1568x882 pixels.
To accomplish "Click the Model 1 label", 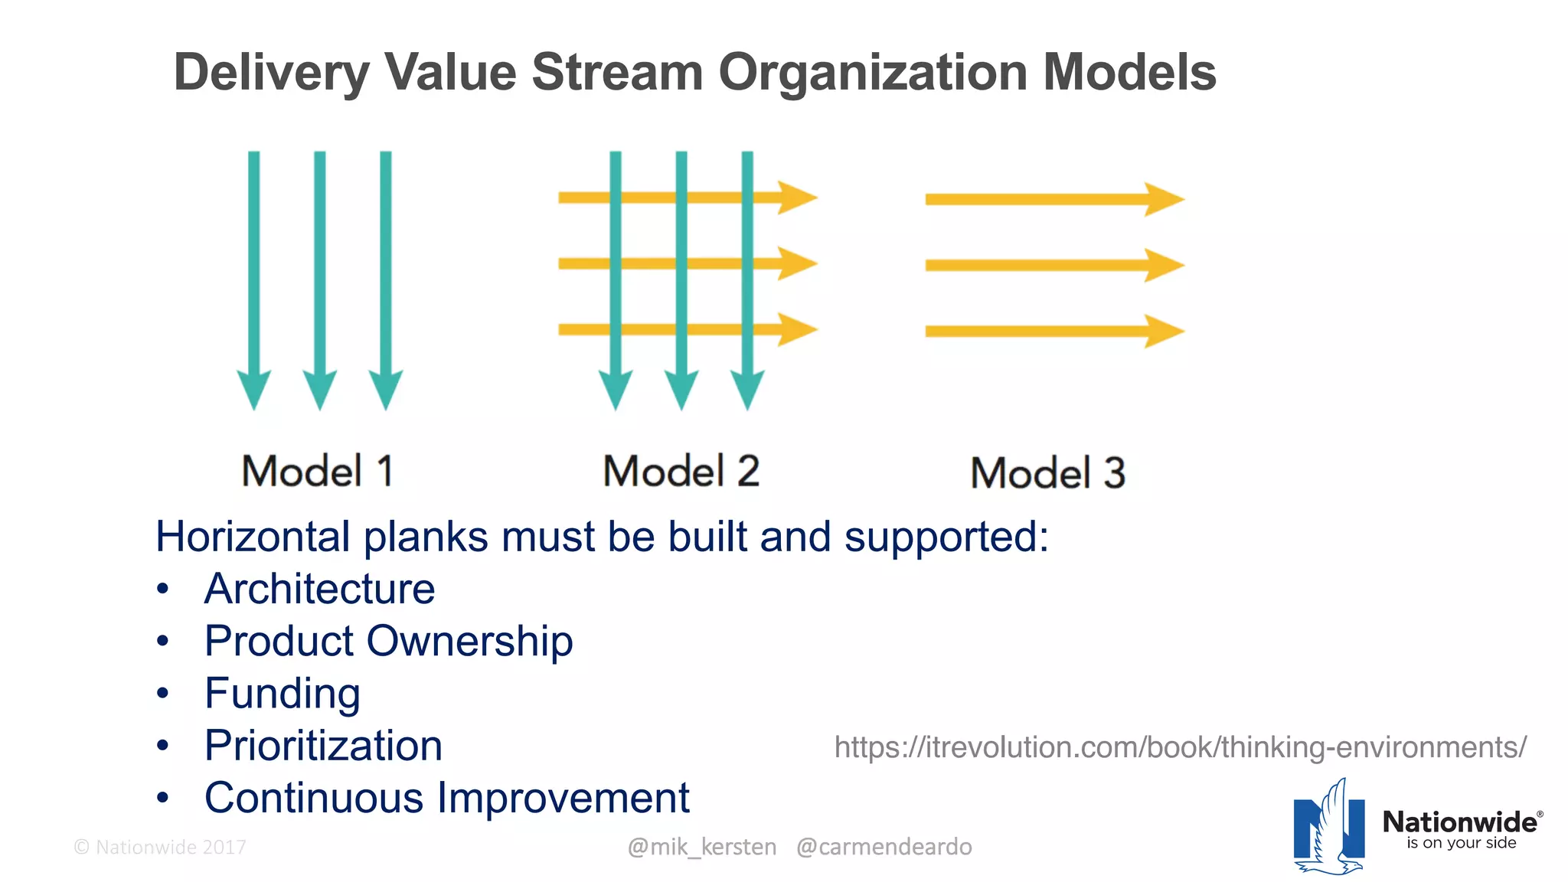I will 318,471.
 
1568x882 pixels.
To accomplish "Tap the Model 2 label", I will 681,471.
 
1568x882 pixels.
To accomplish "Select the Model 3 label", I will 1047,473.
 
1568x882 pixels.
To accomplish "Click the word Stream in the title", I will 617,73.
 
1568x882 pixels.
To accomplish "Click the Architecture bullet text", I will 319,589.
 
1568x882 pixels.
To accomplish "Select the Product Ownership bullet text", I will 388,641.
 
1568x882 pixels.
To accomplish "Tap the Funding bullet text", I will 282,694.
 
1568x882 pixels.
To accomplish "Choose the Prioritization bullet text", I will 323,746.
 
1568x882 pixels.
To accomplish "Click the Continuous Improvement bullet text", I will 446,798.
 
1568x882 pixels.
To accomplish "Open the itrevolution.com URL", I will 1180,747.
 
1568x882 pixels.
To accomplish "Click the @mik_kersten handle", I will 701,847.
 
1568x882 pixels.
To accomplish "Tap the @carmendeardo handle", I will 884,847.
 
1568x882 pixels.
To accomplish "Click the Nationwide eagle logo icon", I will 1329,828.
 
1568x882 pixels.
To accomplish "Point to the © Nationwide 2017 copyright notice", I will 160,848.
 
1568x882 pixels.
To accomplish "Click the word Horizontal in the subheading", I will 252,537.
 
